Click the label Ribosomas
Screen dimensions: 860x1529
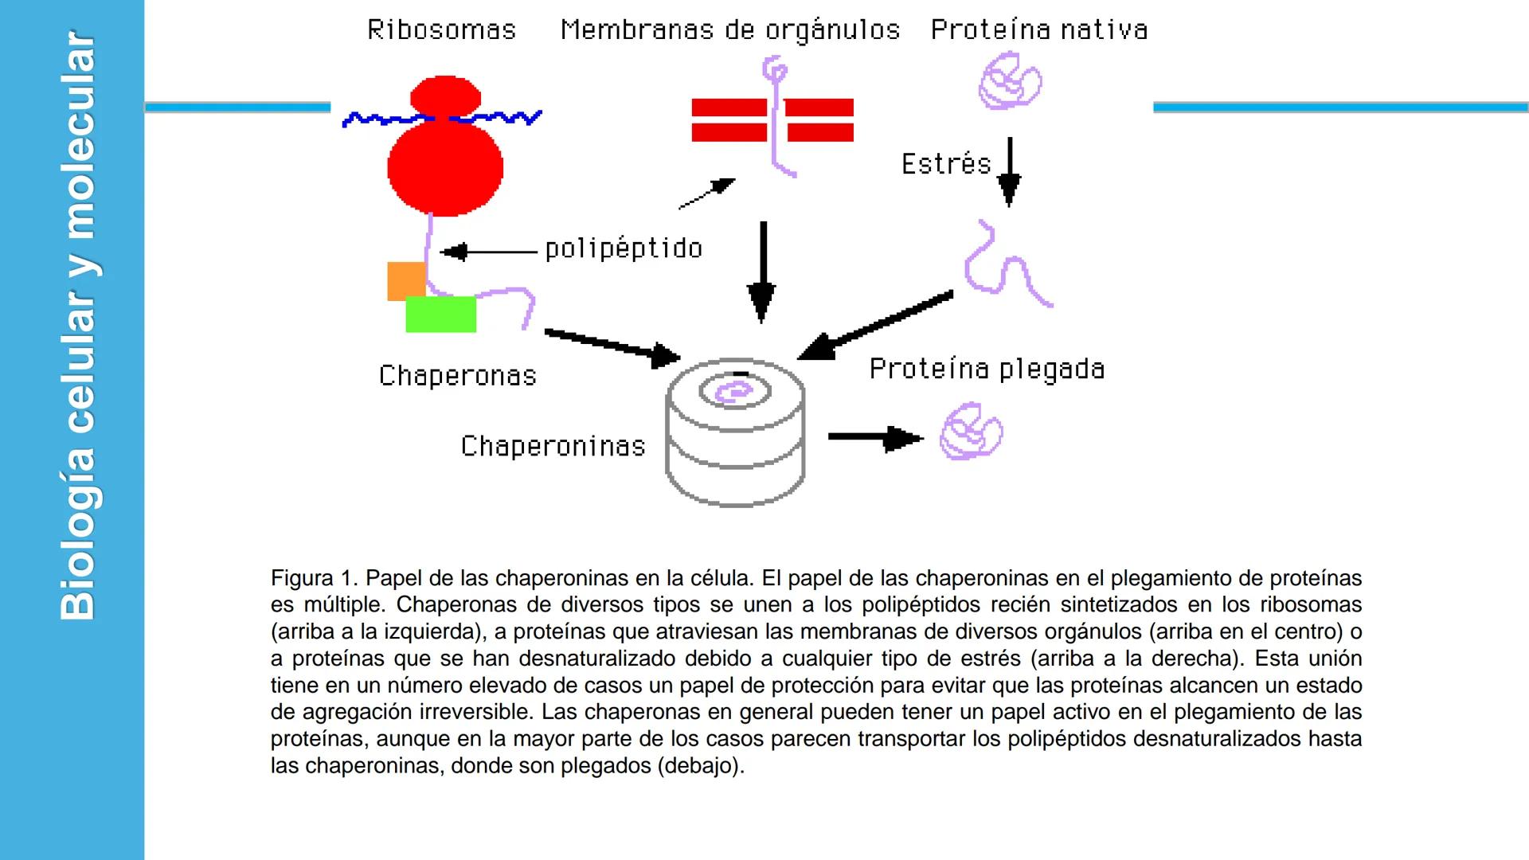441,30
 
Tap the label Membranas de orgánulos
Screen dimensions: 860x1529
729,30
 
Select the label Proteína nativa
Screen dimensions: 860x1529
1038,30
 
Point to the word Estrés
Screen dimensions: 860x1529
945,164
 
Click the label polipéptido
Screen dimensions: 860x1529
624,249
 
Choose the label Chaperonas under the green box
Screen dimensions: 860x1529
457,376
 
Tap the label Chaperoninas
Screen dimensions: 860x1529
553,446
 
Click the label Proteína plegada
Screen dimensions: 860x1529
986,369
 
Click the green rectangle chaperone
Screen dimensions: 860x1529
440,315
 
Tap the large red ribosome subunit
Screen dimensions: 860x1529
445,168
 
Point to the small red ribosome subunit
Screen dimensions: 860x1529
445,97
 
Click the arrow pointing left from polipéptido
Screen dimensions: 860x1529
488,252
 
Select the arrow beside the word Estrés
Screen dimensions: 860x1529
1009,172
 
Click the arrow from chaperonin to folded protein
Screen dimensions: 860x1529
874,437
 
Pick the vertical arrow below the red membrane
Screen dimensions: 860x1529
762,271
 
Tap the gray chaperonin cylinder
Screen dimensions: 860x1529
734,446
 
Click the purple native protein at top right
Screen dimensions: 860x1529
1010,81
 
